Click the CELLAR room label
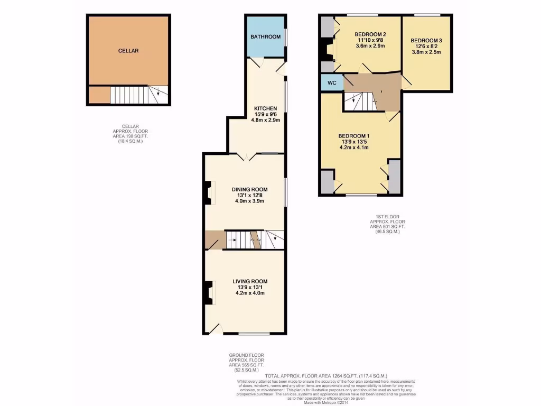[128, 51]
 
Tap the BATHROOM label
[265, 37]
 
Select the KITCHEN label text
[265, 108]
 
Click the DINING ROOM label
[250, 189]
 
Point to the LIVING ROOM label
[250, 281]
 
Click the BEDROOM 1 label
[353, 136]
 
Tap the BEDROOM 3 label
[426, 41]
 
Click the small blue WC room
[332, 83]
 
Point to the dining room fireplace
[210, 193]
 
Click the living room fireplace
[210, 293]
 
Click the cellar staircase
[139, 95]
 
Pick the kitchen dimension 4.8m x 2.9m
[265, 120]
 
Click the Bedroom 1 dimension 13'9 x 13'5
[353, 142]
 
